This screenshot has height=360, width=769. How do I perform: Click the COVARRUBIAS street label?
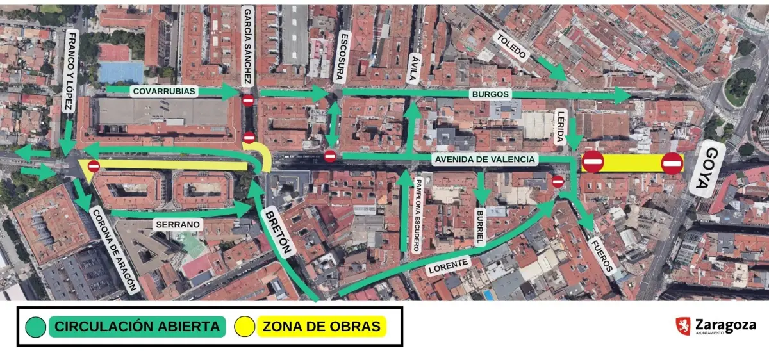point(164,91)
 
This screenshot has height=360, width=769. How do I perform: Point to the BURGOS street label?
point(490,94)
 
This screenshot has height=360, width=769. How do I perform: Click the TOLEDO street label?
point(511,47)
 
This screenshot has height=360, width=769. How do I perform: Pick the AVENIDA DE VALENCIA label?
point(484,160)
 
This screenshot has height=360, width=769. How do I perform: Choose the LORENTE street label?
point(448,265)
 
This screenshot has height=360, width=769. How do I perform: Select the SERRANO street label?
point(178,225)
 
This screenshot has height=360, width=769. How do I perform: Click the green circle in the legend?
point(37,327)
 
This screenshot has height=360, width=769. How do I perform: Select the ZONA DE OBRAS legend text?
point(320,327)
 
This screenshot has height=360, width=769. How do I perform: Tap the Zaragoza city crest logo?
point(682,326)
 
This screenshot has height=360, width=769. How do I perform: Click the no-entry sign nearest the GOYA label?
point(672,163)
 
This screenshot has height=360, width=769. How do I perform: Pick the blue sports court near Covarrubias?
point(121,71)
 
